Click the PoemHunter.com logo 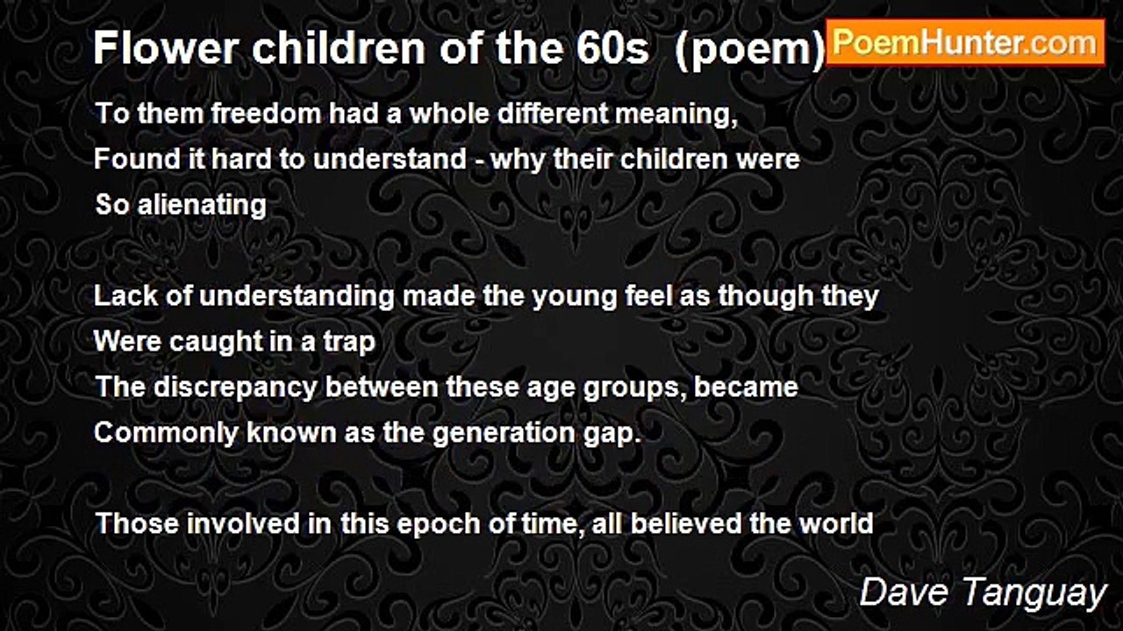click(965, 42)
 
